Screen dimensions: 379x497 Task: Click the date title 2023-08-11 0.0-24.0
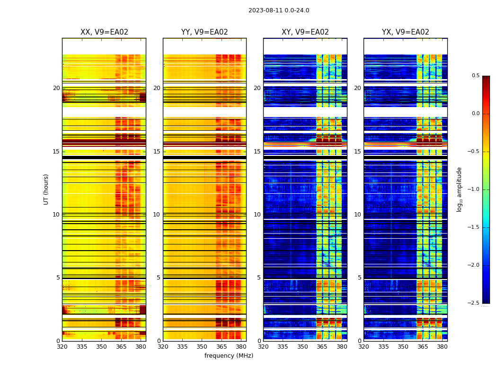click(279, 10)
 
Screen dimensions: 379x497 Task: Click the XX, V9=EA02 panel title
click(104, 32)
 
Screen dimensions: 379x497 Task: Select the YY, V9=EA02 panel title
click(204, 32)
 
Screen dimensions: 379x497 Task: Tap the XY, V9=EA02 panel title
click(305, 32)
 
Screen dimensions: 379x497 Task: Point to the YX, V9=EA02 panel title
click(406, 32)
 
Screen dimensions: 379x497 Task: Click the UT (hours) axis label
click(46, 189)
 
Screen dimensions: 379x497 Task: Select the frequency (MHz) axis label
click(229, 356)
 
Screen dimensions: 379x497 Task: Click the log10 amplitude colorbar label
click(459, 189)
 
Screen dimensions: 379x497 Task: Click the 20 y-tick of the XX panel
click(56, 88)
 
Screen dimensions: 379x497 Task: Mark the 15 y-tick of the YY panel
click(157, 152)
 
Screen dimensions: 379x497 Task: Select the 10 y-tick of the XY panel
click(257, 215)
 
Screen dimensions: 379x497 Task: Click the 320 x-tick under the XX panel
click(62, 347)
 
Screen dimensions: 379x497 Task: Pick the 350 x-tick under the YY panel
click(202, 347)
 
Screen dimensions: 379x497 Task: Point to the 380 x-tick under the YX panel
click(442, 347)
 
